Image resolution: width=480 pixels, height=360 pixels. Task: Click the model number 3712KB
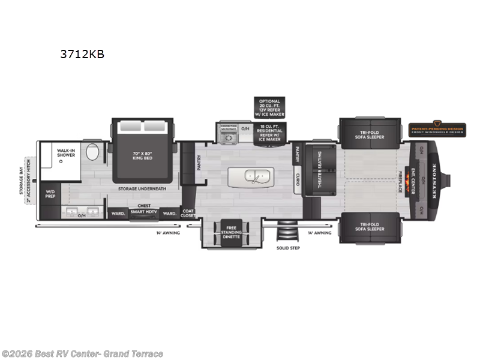82,54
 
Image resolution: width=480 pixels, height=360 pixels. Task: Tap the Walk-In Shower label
65,153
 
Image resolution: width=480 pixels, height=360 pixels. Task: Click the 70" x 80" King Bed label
143,155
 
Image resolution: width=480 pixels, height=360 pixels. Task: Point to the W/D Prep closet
50,194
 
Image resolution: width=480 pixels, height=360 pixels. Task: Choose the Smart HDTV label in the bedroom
144,213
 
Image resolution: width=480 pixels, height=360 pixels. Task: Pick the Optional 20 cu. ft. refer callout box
268,107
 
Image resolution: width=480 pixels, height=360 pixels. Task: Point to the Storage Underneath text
142,188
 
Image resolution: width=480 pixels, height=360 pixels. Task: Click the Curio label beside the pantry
297,179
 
